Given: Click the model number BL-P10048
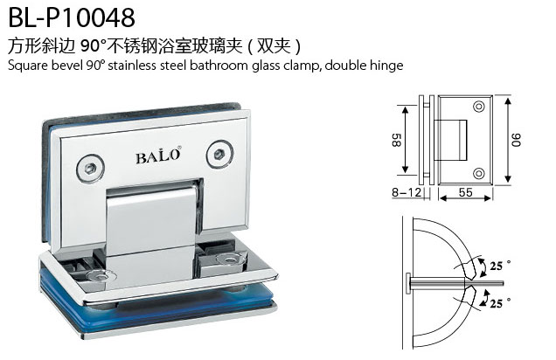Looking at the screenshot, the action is pyautogui.click(x=72, y=17).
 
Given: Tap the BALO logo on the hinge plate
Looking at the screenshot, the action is pyautogui.click(x=158, y=156).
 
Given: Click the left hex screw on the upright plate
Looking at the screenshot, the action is pyautogui.click(x=90, y=168).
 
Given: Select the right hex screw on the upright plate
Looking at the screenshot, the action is pyautogui.click(x=219, y=154).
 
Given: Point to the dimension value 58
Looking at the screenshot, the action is pyautogui.click(x=396, y=140).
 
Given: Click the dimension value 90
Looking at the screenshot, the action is pyautogui.click(x=517, y=140).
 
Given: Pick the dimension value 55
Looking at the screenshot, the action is pyautogui.click(x=466, y=192).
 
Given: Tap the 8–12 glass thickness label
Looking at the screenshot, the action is pyautogui.click(x=407, y=192).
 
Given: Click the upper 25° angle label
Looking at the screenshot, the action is pyautogui.click(x=500, y=265).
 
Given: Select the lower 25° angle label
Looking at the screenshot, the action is pyautogui.click(x=500, y=302).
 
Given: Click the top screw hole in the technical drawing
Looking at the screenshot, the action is pyautogui.click(x=479, y=107).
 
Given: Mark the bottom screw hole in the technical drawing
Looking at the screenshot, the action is pyautogui.click(x=479, y=173).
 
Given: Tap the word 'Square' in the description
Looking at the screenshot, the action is pyautogui.click(x=28, y=66).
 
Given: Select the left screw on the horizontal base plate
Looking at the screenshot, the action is pyautogui.click(x=102, y=275).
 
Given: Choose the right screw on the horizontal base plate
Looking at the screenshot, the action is pyautogui.click(x=230, y=260).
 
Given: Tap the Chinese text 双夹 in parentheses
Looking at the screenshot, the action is pyautogui.click(x=274, y=45).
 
